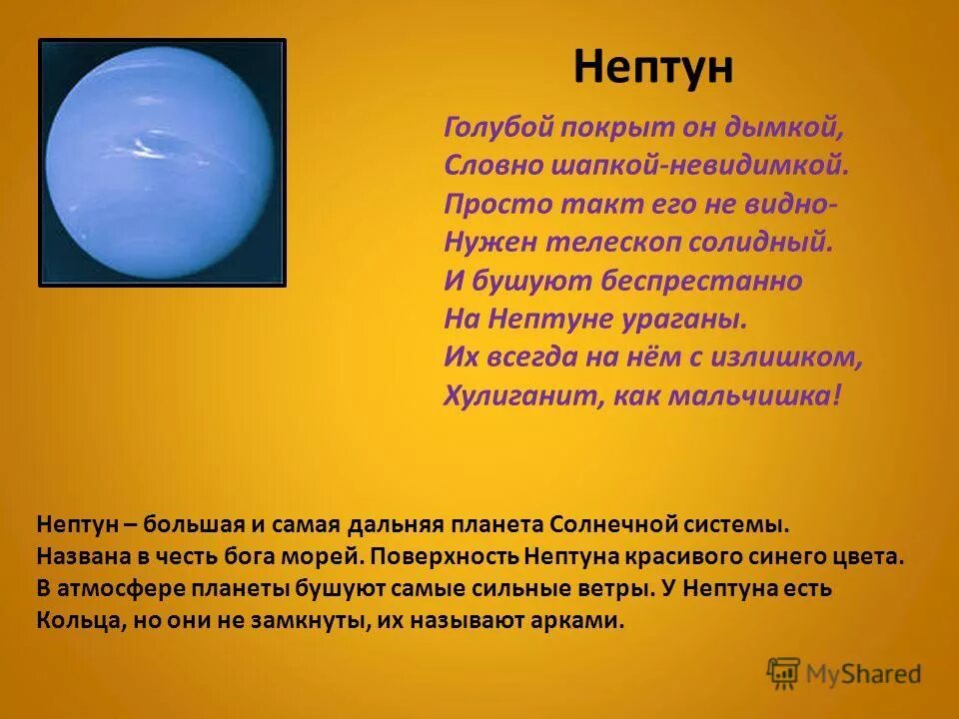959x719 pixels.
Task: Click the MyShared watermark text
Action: click(x=865, y=674)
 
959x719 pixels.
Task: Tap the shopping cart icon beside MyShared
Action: click(x=784, y=673)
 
